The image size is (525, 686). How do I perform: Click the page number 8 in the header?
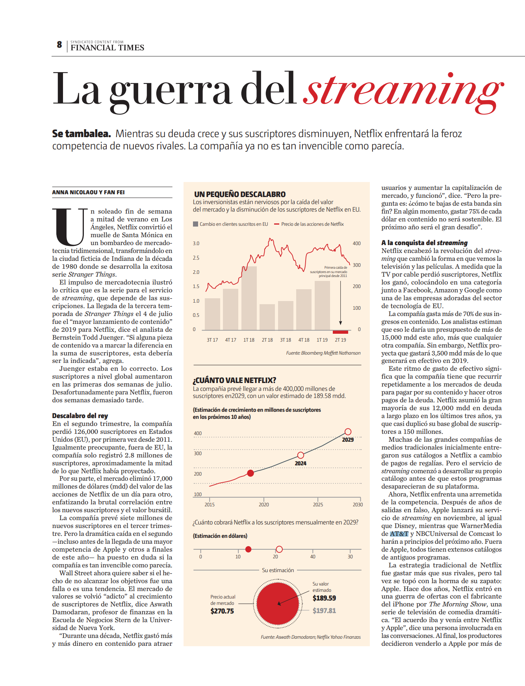point(59,45)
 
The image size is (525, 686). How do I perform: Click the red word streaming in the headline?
point(404,91)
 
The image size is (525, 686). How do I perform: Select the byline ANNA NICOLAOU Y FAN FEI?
point(88,192)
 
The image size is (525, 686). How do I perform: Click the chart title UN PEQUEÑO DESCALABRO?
point(240,194)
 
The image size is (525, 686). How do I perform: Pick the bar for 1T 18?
point(249,298)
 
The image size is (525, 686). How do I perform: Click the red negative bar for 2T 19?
point(340,332)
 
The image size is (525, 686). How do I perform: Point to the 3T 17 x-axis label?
point(212,340)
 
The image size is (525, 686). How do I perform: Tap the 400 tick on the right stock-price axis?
point(356,244)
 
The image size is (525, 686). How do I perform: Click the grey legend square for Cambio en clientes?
point(195,224)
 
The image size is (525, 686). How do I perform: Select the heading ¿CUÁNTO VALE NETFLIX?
point(234,380)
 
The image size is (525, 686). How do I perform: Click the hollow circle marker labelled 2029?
point(348,431)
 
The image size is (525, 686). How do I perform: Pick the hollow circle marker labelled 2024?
point(301,455)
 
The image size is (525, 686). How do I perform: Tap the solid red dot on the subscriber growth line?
point(250,473)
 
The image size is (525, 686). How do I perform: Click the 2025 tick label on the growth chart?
point(318,504)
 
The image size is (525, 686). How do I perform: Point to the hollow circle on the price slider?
point(279,549)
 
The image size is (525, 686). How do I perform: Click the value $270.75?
point(222,611)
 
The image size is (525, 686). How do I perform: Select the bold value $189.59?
point(324,598)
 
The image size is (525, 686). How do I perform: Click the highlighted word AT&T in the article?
point(399,534)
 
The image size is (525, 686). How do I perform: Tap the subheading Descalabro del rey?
point(80,416)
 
